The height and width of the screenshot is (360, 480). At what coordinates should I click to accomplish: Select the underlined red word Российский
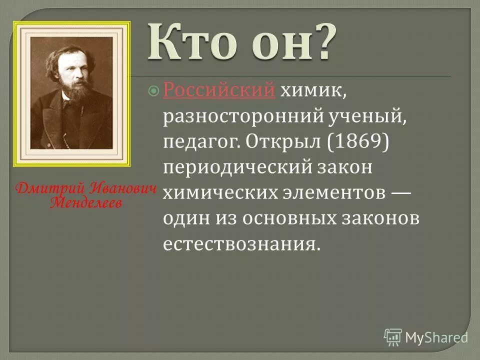point(219,90)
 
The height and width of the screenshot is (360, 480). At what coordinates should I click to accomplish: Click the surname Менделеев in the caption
point(85,203)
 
